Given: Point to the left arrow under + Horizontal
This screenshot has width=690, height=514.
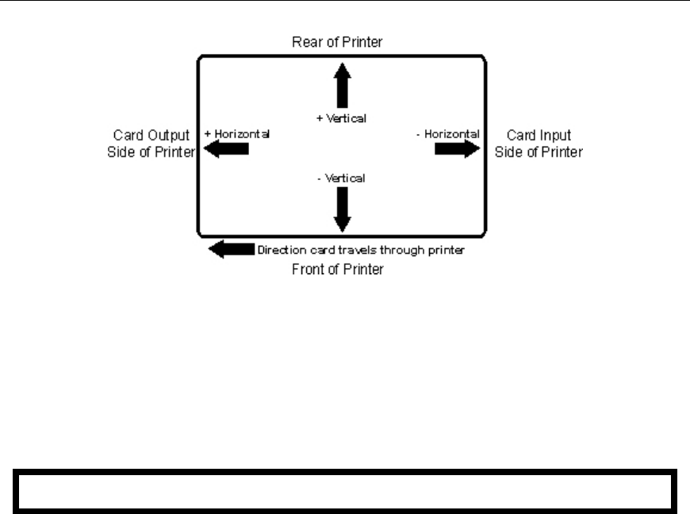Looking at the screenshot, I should pos(227,150).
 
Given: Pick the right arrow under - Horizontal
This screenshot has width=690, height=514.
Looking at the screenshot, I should pos(455,150).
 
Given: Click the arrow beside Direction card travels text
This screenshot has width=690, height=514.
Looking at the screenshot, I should pos(230,249).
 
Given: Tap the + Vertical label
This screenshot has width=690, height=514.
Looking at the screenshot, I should pos(342,118).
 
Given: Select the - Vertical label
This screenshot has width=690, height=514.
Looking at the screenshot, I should pos(342,178).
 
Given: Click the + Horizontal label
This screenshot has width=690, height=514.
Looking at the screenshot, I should pos(237,134).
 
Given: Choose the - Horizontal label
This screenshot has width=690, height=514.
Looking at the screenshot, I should pos(447,134).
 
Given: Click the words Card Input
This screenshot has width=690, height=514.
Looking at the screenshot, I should pos(538,136).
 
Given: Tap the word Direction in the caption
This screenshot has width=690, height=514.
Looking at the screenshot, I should pos(279,250).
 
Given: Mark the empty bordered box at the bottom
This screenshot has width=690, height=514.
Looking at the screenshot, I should pos(344,493).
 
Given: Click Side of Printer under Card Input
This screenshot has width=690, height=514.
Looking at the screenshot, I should pos(538,152).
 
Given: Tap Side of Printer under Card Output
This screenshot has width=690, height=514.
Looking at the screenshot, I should pos(151,152).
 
